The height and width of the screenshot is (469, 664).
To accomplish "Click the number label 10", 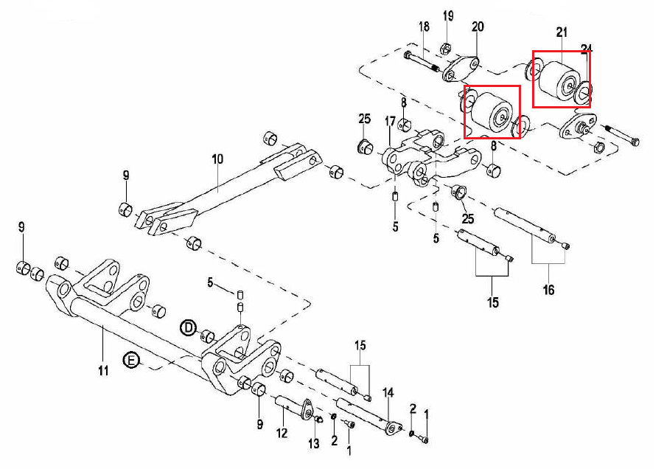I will (217, 159).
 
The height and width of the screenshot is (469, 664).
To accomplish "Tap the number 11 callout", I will (103, 370).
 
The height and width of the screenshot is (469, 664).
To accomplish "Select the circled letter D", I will (188, 327).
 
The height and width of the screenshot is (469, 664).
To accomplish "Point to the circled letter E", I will (130, 361).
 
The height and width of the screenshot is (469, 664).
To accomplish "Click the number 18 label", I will (424, 27).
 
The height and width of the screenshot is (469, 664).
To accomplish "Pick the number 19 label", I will (448, 15).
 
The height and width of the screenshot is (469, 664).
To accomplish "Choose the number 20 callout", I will (478, 27).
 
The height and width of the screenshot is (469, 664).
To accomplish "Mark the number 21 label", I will (562, 32).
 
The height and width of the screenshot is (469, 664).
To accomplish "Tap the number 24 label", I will (586, 50).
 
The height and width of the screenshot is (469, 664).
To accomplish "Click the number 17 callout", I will (390, 121).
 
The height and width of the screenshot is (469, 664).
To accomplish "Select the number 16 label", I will (548, 290).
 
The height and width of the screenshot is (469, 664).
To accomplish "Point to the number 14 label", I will (388, 393).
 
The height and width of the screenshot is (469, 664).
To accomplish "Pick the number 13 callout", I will (314, 443).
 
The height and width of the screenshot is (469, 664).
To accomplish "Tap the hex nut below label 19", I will (445, 49).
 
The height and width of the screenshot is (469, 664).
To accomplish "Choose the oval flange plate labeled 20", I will (461, 68).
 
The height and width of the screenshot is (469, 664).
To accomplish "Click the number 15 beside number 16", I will (492, 302).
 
